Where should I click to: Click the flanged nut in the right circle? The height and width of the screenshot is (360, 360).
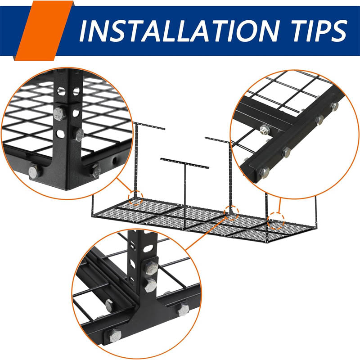pos(265,130)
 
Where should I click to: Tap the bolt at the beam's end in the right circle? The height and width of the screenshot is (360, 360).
pos(265,172)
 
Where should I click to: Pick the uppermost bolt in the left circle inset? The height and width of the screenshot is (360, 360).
pos(59,113)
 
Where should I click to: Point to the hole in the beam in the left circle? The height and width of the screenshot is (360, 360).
pos(118,160)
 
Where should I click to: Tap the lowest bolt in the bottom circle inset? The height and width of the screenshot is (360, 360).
pos(115,335)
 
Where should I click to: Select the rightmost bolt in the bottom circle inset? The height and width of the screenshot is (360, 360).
pos(183,310)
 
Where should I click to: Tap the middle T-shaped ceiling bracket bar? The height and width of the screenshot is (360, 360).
pos(185,162)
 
